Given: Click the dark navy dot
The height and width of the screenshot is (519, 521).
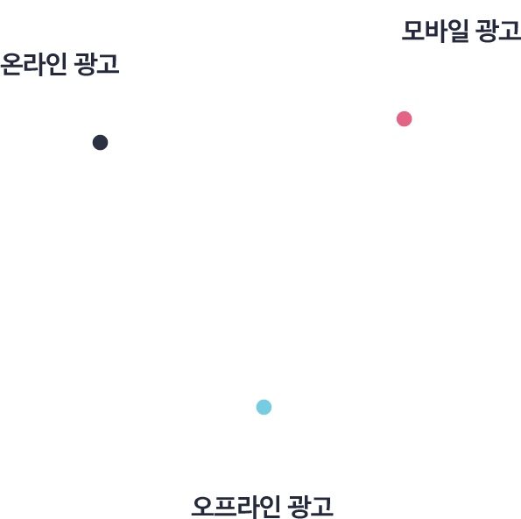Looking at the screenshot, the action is pos(100,142).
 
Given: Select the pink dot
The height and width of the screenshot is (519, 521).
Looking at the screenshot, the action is pos(404,118).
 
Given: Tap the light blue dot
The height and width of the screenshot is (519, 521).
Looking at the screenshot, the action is pos(264,407).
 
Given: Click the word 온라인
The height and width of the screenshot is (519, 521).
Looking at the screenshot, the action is pos(33,64).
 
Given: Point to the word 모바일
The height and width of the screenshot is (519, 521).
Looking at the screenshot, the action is pos(435,31).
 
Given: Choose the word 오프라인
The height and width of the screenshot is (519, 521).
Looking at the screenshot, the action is pos(236,507).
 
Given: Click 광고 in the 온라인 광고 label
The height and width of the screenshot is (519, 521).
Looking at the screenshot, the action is pos(96,64).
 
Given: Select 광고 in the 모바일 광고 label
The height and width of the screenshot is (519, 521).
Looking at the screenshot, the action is pos(498,31).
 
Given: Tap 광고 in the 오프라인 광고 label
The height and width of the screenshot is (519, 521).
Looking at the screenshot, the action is pos(310,507).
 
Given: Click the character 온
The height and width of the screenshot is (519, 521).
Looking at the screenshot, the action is pos(11,64).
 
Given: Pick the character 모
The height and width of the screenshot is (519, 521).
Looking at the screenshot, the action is pos(413,31).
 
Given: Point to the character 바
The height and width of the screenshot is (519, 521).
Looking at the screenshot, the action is pos(436,31).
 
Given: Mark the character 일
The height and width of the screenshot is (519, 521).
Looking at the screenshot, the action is pos(458,31).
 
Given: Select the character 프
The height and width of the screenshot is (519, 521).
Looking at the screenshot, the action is pos(225,507).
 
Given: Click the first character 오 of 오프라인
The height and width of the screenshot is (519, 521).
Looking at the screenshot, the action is pos(202,507).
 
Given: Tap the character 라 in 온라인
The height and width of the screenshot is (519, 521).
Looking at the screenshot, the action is pos(34,64).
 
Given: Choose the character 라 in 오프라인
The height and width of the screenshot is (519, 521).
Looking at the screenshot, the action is pos(248,507).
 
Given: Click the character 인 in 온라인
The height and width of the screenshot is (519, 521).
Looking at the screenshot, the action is pos(57,64).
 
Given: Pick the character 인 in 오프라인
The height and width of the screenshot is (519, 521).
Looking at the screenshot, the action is pos(270,507).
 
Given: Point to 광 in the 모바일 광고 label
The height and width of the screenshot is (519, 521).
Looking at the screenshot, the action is pos(487,31).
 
